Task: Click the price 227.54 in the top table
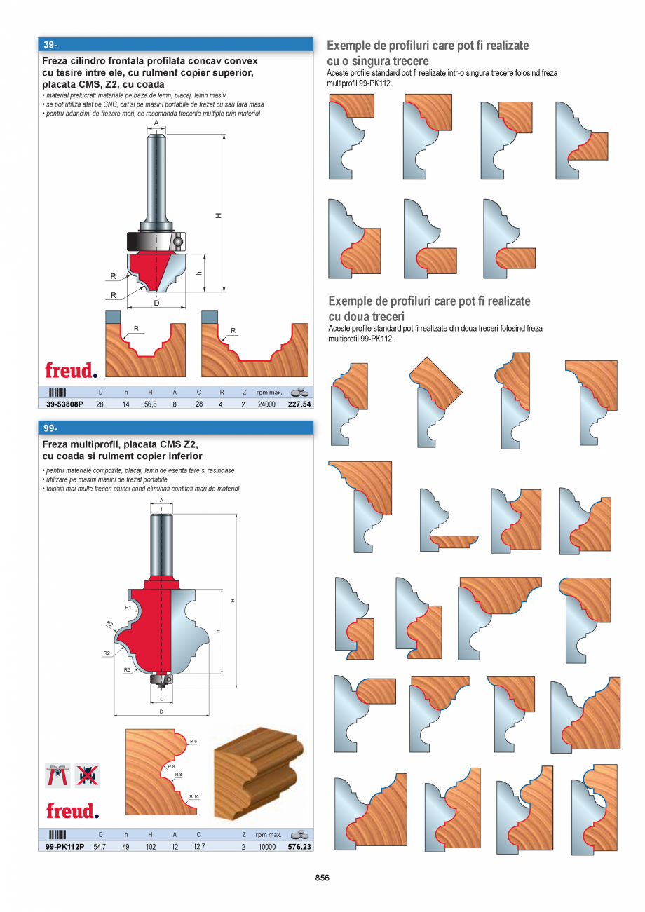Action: [299, 404]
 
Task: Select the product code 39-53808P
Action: [64, 404]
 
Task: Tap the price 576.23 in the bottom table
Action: [299, 847]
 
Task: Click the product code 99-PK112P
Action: [64, 847]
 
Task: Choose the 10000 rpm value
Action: [266, 847]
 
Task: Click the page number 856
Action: [322, 878]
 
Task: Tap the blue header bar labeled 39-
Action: [175, 44]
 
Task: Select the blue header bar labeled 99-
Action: [175, 428]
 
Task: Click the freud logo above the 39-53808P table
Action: [71, 370]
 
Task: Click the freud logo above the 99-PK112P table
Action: [72, 811]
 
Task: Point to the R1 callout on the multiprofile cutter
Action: [128, 607]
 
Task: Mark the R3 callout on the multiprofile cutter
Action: [128, 670]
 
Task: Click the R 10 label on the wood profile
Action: [193, 796]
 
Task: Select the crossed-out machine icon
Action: [88, 775]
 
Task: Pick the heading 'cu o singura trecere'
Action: [378, 61]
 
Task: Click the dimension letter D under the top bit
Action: [157, 303]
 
